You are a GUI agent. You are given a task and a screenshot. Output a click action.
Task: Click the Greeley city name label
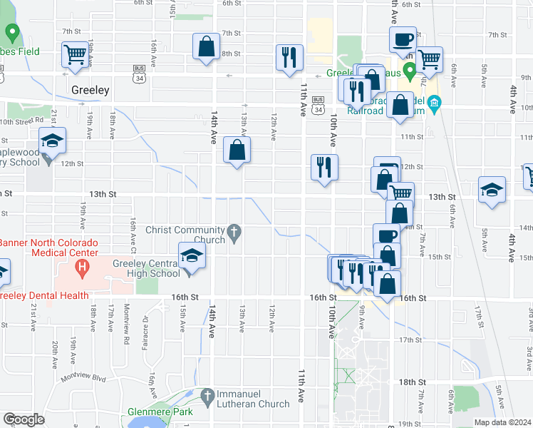(x=90, y=91)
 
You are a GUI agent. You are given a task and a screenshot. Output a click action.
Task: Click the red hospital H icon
(x=83, y=270)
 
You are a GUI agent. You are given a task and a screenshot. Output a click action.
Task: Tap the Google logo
(x=24, y=419)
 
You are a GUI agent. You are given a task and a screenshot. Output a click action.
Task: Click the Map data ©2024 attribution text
(x=502, y=422)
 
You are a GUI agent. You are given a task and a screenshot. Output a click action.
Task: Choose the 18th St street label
(x=412, y=382)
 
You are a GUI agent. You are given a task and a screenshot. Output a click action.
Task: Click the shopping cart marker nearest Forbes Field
(x=75, y=54)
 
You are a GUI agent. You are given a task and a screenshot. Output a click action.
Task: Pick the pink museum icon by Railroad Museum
(x=435, y=110)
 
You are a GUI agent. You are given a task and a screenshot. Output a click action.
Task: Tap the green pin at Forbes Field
(x=12, y=34)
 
